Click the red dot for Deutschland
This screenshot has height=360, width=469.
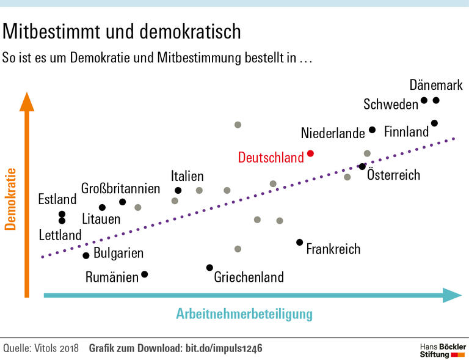point(310,153)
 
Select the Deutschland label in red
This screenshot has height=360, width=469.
point(271,158)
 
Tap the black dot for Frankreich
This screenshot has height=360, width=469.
point(299,242)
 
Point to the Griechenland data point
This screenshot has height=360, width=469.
point(209,268)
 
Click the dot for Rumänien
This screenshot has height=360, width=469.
point(144,274)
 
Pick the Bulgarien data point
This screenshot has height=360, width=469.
point(86,255)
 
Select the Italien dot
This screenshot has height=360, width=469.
point(178,191)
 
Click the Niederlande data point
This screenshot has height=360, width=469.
point(373,130)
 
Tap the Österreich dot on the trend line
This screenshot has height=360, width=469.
point(362,166)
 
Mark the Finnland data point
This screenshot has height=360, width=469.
point(434,123)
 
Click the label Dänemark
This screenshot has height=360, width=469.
point(436,85)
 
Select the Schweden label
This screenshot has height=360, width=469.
point(391,105)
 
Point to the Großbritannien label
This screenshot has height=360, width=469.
point(120,188)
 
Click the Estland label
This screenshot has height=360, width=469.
point(57,199)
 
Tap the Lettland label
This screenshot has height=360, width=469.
point(60,235)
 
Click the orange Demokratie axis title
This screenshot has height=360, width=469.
point(10,199)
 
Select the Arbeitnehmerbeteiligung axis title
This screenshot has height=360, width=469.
point(244,314)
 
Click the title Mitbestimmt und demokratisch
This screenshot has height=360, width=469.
point(122,31)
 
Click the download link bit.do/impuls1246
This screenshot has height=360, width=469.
point(223,348)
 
